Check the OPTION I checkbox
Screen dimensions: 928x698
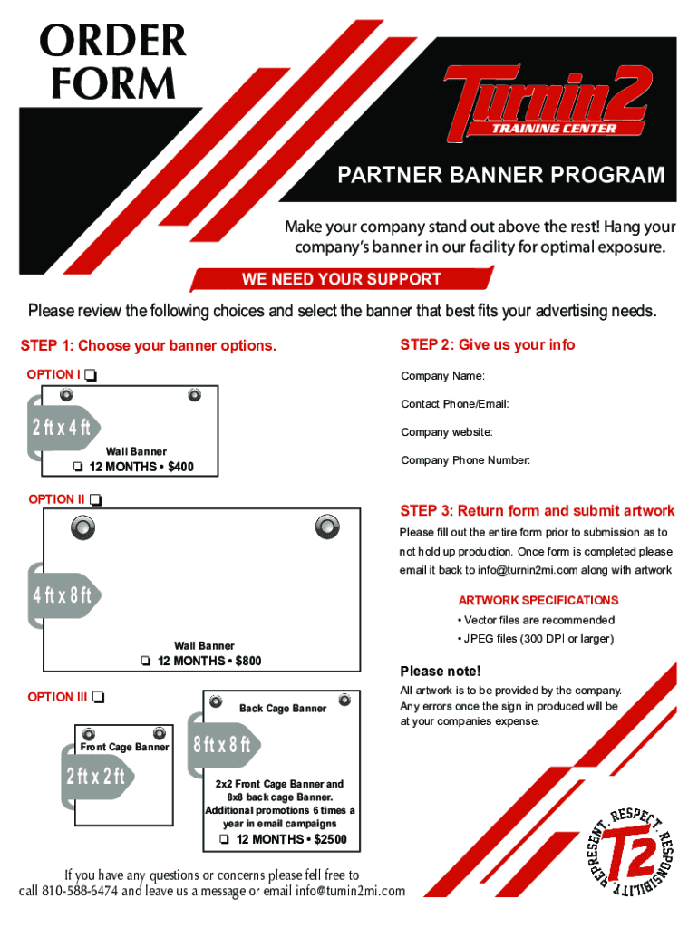(92, 375)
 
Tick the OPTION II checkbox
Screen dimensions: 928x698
(96, 499)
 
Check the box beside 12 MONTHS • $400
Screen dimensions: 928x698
(78, 468)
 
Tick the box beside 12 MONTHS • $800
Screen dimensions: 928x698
(146, 662)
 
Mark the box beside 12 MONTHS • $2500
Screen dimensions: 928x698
(224, 840)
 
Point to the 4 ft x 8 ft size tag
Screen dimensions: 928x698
(63, 595)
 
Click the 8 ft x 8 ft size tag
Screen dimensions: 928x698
(220, 745)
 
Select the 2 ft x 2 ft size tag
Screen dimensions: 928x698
(95, 776)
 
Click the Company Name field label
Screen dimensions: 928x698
(442, 376)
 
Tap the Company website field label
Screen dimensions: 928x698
(447, 432)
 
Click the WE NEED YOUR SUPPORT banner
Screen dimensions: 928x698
(341, 279)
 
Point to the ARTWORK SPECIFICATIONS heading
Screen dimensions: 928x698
(538, 600)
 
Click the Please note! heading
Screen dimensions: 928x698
(441, 672)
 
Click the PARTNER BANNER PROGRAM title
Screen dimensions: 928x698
(501, 175)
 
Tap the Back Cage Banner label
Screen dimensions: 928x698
(283, 708)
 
